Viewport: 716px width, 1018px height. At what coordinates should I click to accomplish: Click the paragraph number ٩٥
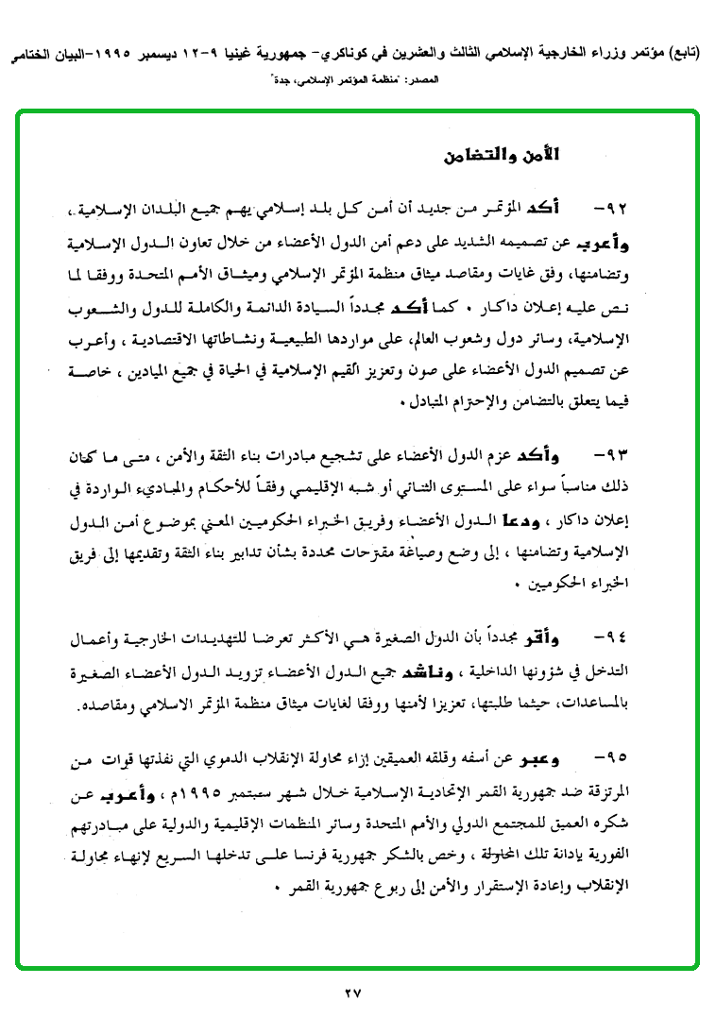pos(613,758)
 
